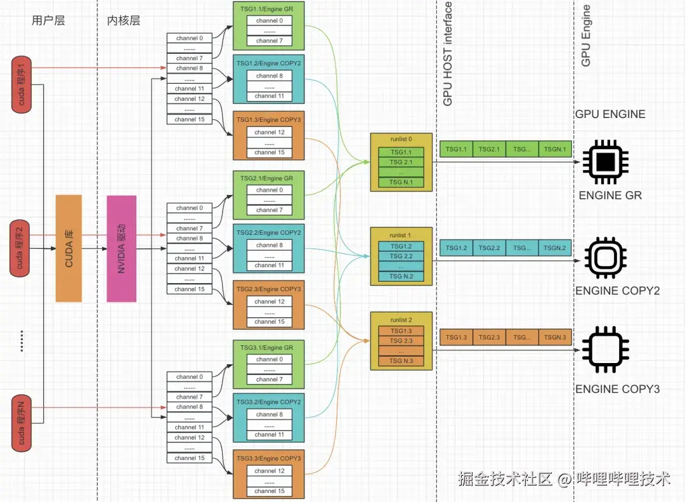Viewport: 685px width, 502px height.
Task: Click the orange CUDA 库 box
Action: (69, 248)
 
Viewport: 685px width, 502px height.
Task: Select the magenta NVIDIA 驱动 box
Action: (121, 248)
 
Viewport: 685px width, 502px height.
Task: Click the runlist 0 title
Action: (401, 140)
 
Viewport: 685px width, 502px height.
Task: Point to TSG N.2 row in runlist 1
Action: (401, 276)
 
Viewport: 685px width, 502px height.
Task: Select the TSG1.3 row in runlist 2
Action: (401, 331)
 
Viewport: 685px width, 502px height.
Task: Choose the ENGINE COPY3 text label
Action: (617, 388)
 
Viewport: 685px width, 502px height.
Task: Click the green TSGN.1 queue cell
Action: (554, 149)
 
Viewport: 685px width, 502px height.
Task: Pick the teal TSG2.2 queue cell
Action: (489, 248)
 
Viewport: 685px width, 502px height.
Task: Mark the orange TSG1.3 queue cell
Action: (456, 337)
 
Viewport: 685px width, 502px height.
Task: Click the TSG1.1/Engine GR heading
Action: (269, 10)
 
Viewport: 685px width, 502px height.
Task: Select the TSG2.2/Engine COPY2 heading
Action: (269, 232)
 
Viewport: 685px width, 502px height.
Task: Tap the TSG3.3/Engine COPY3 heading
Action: (269, 458)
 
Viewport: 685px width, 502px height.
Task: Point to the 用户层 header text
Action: (48, 20)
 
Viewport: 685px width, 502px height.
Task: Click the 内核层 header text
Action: (124, 20)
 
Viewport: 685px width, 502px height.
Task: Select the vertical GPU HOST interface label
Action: (448, 54)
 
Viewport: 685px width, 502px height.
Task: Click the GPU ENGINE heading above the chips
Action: (610, 114)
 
